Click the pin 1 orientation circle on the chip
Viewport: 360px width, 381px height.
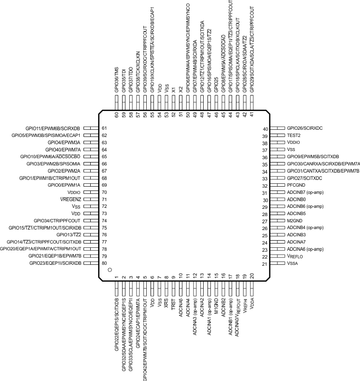click(110, 270)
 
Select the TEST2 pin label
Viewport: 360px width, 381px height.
click(294, 136)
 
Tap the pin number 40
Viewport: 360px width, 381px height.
click(265, 129)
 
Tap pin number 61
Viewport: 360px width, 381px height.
click(104, 128)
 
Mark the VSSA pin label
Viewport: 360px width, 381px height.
click(293, 264)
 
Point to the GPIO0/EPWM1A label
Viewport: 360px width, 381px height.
click(57, 185)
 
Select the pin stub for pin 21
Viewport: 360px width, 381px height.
click(277, 264)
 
